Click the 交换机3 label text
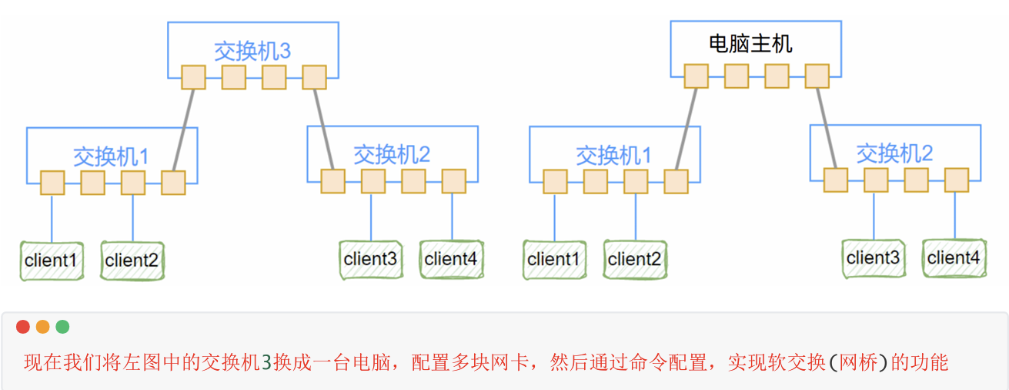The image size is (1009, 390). point(252,52)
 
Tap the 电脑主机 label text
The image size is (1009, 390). point(750,43)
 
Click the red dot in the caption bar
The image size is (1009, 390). point(23,327)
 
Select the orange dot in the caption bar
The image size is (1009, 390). point(43,327)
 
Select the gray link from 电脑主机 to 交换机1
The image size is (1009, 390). point(687,128)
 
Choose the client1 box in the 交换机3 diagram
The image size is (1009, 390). point(51,261)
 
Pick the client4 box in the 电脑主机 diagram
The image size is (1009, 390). point(954,258)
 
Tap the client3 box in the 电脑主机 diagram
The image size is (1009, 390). point(873,258)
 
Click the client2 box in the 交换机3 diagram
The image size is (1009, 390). point(132,261)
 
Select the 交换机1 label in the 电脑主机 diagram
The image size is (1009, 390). point(613,156)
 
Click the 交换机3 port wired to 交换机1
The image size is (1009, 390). point(193,77)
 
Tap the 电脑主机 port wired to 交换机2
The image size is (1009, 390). point(817,76)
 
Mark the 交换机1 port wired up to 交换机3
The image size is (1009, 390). point(173,183)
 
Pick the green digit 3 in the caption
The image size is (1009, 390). point(266,362)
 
